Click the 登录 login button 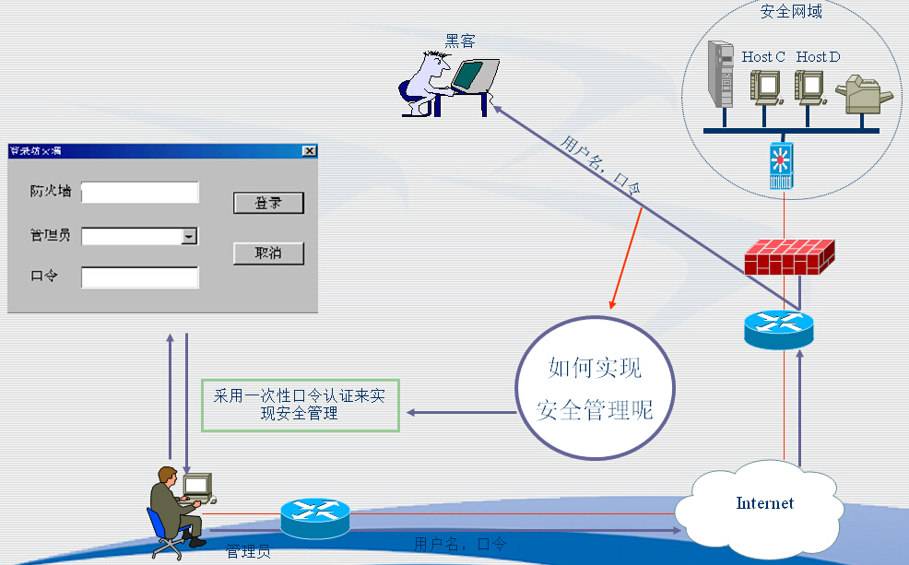[x=268, y=203]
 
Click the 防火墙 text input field [x=140, y=192]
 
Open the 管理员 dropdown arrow [x=189, y=237]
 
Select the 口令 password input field [x=140, y=277]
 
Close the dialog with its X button [x=309, y=151]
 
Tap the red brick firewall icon [x=789, y=257]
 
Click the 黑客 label [x=460, y=41]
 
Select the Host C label [x=763, y=57]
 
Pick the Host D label [x=818, y=57]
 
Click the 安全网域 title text [x=791, y=12]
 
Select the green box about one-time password [x=301, y=405]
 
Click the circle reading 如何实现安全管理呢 [x=596, y=388]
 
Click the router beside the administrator [x=315, y=517]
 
